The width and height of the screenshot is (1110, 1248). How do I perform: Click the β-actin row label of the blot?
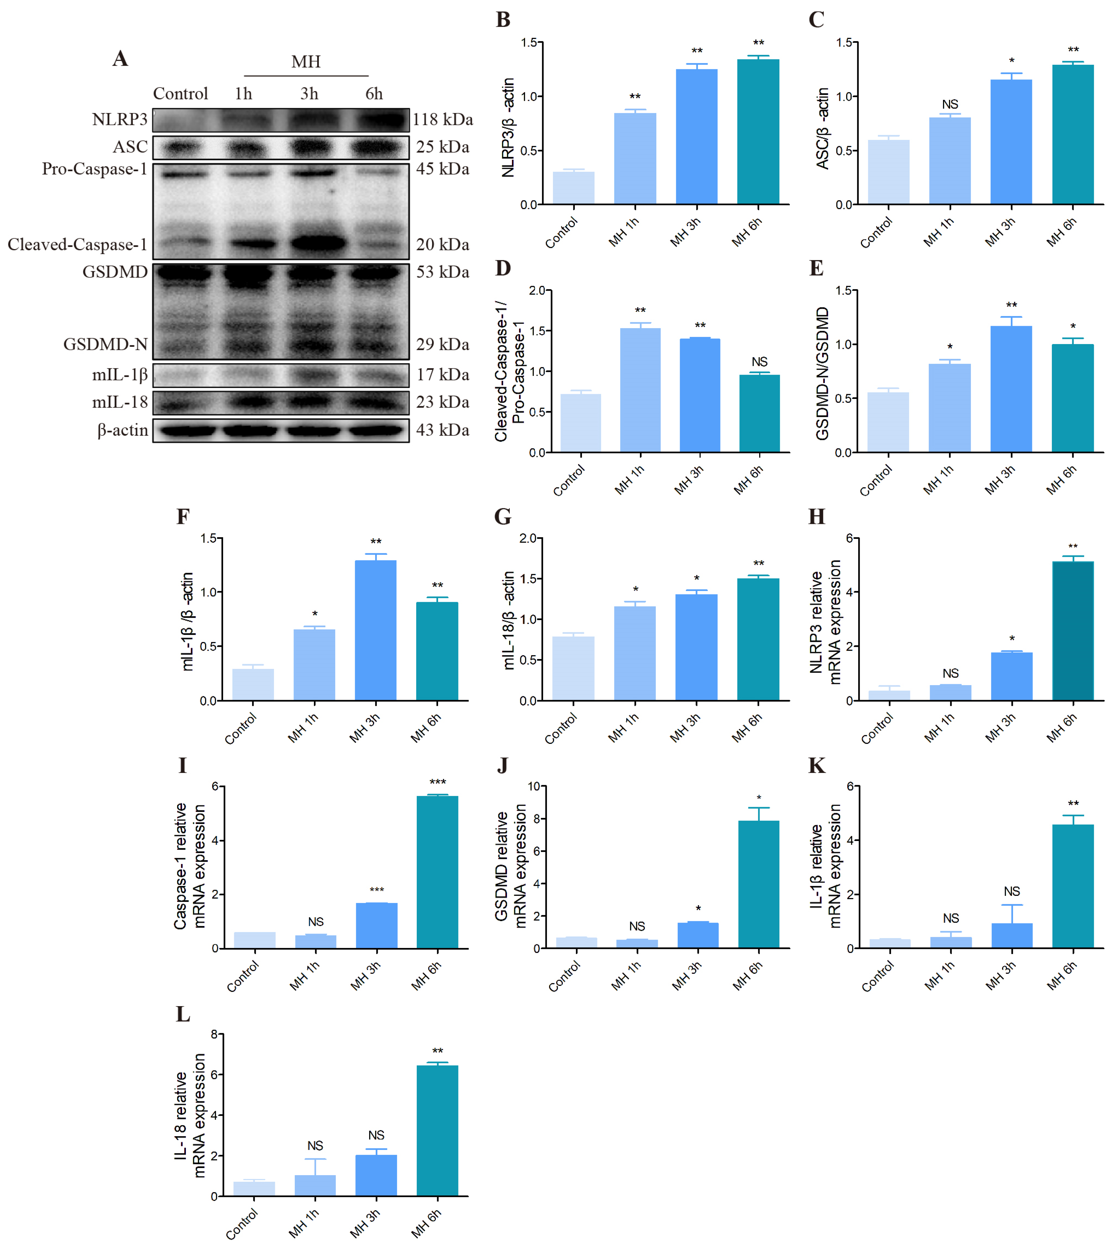click(x=122, y=430)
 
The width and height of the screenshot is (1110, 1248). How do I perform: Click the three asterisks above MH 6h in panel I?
click(x=437, y=782)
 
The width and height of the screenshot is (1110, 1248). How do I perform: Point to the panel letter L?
click(x=183, y=1014)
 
